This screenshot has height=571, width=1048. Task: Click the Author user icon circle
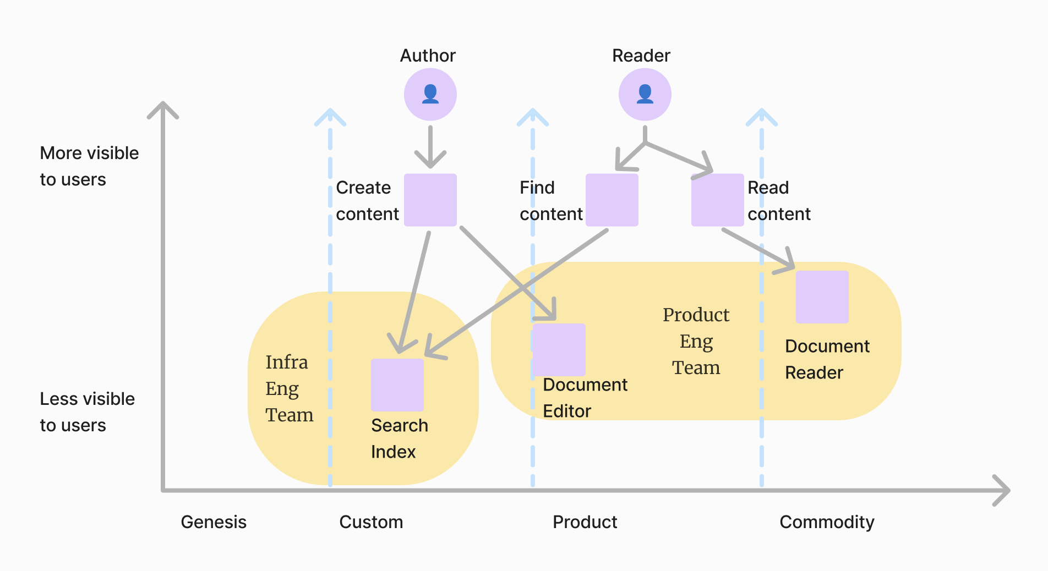click(430, 95)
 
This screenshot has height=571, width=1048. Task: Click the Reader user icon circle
click(645, 95)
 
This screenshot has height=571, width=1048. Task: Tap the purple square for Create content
click(430, 200)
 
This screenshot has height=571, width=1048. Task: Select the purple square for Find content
click(612, 200)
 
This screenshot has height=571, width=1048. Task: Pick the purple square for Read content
click(717, 200)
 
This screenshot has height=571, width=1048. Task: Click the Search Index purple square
click(397, 385)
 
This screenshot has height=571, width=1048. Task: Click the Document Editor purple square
click(559, 350)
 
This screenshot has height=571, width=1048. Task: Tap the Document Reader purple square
click(822, 297)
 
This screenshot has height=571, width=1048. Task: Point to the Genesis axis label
click(214, 522)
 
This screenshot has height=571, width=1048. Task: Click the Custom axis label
click(371, 522)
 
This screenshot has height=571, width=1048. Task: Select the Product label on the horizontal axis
click(585, 522)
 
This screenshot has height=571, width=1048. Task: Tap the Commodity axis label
click(827, 522)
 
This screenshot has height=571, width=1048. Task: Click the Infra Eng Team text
click(289, 388)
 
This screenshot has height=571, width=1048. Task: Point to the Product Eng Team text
click(696, 341)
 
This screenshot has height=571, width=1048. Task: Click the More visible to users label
click(89, 166)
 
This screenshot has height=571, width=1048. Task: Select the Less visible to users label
click(87, 412)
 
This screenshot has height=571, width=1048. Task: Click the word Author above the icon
click(428, 56)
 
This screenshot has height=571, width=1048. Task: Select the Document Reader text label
click(827, 359)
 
